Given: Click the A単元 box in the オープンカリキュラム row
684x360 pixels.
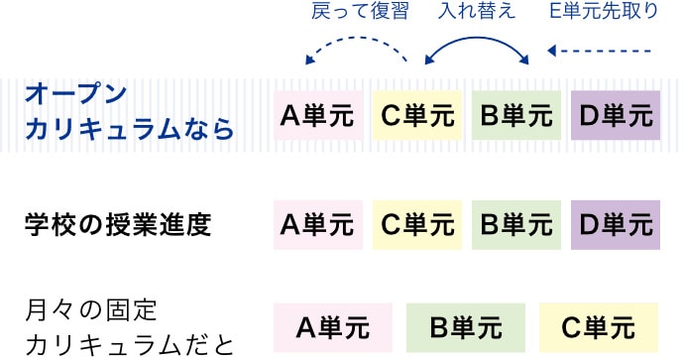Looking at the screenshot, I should [x=318, y=115].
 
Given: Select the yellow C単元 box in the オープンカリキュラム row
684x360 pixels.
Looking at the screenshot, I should [x=417, y=115].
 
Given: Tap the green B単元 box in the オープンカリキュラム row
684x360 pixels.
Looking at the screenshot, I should [x=516, y=115].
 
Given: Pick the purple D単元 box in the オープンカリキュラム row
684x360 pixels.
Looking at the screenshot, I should [x=616, y=115].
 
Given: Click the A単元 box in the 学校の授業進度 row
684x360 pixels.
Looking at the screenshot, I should [x=318, y=225].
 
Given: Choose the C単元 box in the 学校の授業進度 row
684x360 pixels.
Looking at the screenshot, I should [x=417, y=225].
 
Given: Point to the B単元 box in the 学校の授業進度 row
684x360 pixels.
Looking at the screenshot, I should [x=516, y=225].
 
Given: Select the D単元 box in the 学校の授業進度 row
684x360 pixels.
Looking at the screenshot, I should [x=616, y=225].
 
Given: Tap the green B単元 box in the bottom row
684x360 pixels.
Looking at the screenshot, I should [x=465, y=327].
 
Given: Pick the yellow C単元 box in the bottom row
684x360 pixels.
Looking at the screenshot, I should [x=599, y=327].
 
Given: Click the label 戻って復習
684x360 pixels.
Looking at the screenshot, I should [x=353, y=13].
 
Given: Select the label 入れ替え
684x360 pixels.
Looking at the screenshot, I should [x=477, y=13].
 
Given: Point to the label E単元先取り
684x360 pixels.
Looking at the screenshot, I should [x=603, y=13].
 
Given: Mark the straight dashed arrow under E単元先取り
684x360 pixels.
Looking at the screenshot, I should [x=601, y=51].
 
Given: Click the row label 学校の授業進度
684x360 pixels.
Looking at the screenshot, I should [x=119, y=225].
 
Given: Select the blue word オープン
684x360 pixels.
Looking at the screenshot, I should [x=76, y=95].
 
